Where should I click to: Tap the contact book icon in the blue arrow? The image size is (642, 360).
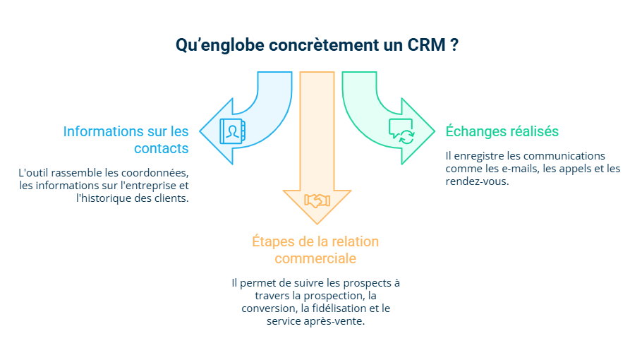click(x=231, y=132)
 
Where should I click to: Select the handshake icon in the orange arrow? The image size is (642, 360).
click(x=317, y=200)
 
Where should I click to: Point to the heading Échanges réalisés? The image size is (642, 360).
click(x=502, y=131)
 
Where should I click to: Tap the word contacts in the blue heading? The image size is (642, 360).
click(x=162, y=149)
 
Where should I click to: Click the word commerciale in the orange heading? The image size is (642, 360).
click(x=315, y=258)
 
